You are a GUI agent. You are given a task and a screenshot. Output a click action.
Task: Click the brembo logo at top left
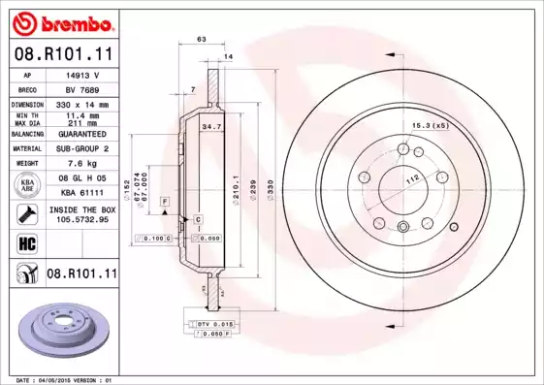click(60, 22)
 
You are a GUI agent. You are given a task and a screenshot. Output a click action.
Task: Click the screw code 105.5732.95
click(81, 219)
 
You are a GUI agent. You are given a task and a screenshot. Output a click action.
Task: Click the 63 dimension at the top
click(202, 39)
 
